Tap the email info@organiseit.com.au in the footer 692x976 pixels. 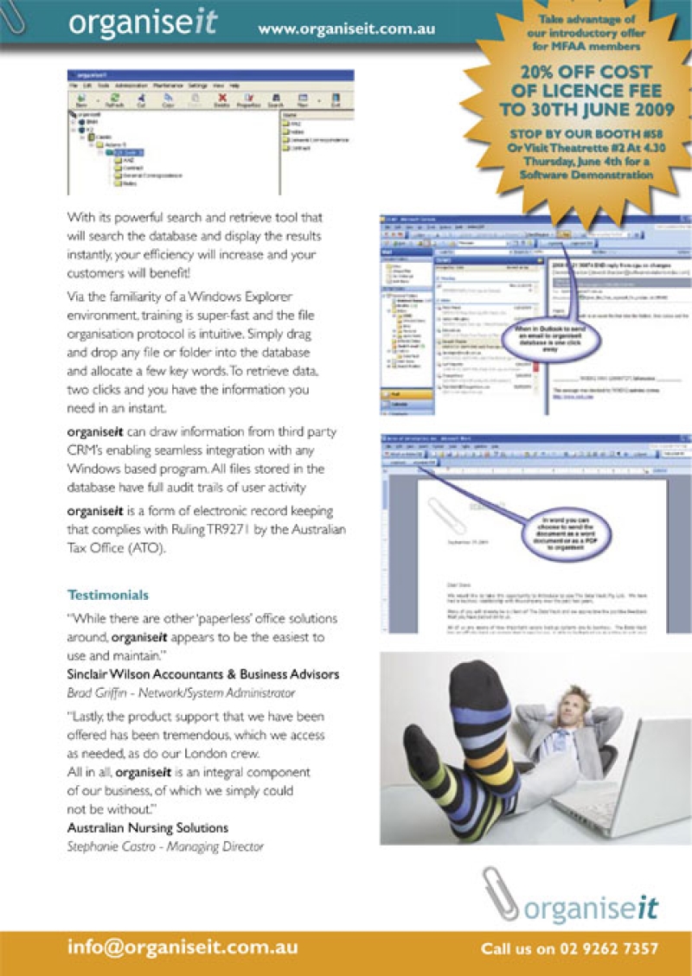183,947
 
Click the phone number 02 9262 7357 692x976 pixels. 568,948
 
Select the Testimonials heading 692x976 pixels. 108,595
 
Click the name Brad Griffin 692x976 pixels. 98,692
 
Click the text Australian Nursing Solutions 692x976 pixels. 148,827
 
